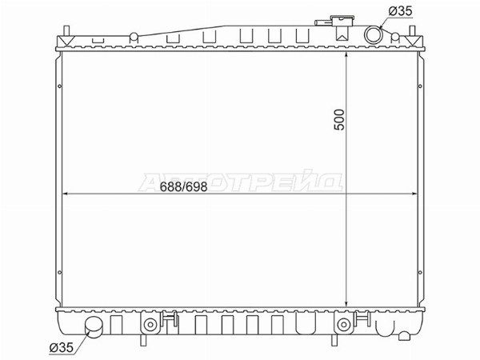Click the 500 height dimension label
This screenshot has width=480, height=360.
click(x=339, y=120)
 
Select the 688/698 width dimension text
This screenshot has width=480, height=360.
click(x=183, y=186)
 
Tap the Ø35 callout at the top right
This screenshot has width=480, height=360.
click(x=401, y=11)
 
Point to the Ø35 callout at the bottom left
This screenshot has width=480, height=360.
click(x=62, y=347)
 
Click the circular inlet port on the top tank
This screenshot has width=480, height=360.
click(x=373, y=34)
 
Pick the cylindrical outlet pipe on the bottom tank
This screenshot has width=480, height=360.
click(x=94, y=326)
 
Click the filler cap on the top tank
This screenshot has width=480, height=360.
click(x=342, y=22)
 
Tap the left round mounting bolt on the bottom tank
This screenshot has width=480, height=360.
click(x=150, y=325)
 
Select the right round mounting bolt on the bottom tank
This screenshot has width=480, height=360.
click(x=343, y=325)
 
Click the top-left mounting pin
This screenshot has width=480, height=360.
click(x=66, y=31)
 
